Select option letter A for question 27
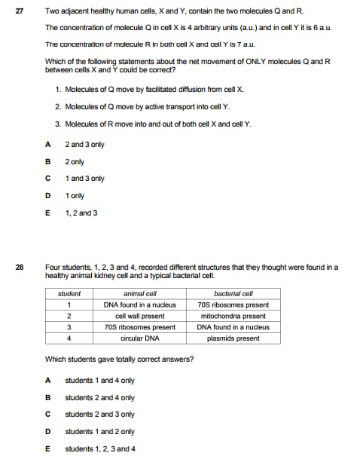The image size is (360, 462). point(47,144)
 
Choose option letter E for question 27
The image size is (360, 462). point(47,213)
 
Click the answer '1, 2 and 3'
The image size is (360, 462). point(81,213)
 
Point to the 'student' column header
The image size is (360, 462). point(69,293)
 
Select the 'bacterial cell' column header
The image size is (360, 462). point(233,293)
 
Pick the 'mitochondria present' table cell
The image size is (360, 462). point(233,316)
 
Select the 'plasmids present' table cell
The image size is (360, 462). point(233,338)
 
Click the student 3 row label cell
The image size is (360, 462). point(69,327)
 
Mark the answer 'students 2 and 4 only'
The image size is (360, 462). point(99,397)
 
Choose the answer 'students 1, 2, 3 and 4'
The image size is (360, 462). point(101,449)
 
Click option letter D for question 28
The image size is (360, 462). point(47,432)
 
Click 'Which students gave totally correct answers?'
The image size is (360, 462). point(119,359)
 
